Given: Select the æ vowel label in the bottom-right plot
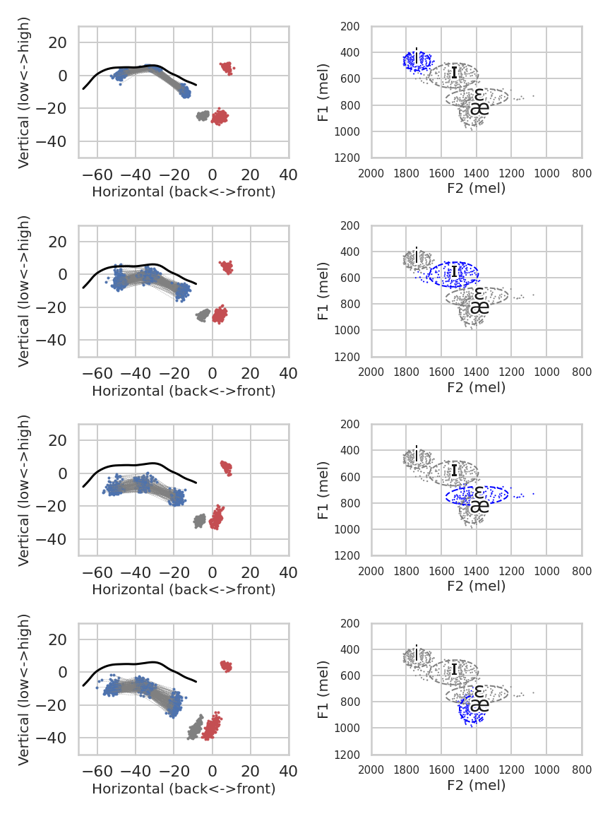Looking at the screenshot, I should [x=479, y=705].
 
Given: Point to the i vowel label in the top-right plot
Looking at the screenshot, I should [x=417, y=54].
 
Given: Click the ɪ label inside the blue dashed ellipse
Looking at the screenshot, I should [x=454, y=271].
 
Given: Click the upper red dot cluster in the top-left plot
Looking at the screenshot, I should [x=227, y=68].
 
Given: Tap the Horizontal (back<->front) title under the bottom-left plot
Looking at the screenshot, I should [x=184, y=788].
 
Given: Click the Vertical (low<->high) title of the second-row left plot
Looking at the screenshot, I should [x=23, y=291].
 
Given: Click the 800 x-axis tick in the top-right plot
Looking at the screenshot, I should [x=582, y=171].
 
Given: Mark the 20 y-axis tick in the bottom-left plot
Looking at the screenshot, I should [x=57, y=639].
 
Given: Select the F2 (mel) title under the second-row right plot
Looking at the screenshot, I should [x=476, y=387].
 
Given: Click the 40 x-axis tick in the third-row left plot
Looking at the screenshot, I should [x=288, y=572].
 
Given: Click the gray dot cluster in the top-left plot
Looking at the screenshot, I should [x=203, y=115].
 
